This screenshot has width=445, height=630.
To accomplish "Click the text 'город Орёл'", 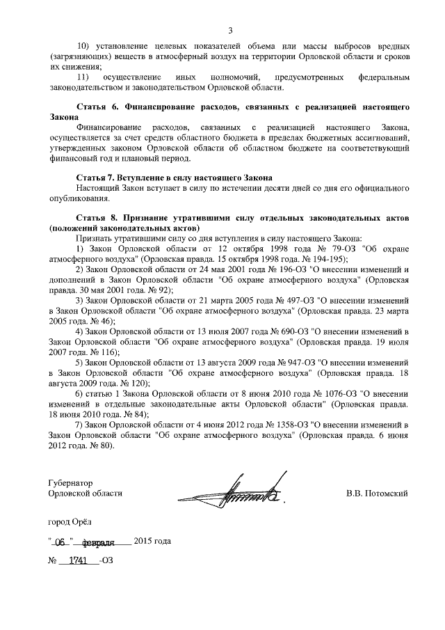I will pyautogui.click(x=69, y=521).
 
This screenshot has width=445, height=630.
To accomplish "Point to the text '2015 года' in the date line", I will pyautogui.click(x=152, y=541).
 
